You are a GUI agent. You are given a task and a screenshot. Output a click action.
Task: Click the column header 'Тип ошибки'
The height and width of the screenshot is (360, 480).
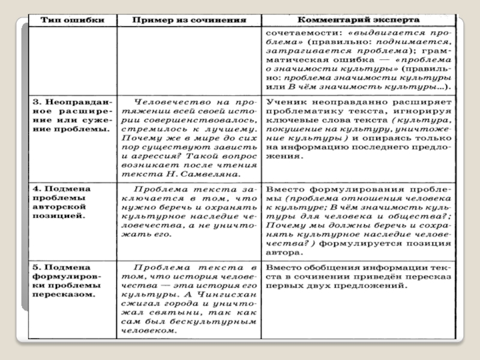[x=71, y=20]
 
